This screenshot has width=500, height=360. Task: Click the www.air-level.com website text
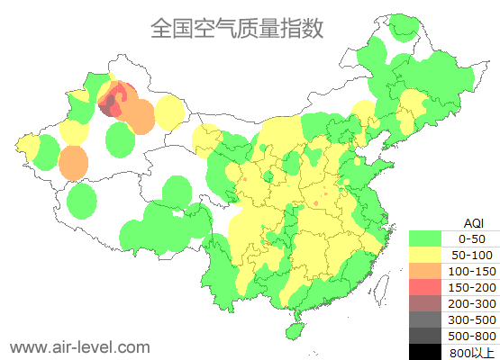coord(79,346)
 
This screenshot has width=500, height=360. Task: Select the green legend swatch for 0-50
coord(426,238)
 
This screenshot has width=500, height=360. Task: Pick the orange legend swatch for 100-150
coord(426,271)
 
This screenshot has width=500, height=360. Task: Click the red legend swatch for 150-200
coord(426,287)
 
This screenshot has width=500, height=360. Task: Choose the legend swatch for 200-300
coord(426,303)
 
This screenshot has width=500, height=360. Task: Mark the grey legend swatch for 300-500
coord(426,319)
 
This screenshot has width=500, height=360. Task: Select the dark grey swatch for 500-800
coord(426,336)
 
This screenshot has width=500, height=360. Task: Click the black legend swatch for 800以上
coord(426,351)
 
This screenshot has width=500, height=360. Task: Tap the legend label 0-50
coord(471,238)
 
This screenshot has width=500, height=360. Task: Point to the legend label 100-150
coord(471,271)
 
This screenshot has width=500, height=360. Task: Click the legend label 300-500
coord(471,319)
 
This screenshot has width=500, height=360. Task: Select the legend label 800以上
coord(471,352)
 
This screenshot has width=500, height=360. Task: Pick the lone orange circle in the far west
coord(73,163)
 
